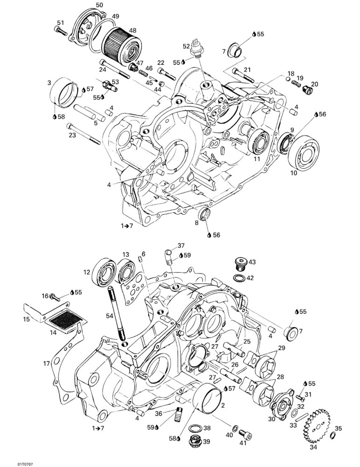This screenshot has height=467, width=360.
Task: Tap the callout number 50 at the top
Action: pos(99,5)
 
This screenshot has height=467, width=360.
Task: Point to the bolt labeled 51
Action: pos(61,31)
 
